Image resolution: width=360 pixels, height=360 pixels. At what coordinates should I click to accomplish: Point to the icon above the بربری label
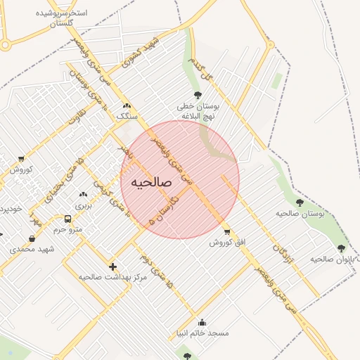pos(84,194)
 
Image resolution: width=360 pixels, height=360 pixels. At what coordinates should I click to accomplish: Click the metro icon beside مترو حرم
pos(67,219)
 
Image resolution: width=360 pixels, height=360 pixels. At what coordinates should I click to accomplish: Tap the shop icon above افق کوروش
pos(226,231)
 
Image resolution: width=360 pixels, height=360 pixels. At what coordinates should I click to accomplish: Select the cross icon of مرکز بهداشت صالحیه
pos(112,266)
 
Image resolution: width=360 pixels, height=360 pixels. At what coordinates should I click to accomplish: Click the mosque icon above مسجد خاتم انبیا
pos(202,323)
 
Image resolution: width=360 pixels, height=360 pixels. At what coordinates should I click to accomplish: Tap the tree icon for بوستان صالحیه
pos(300,202)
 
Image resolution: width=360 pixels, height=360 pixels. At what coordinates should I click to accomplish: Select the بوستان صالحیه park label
pos(300,213)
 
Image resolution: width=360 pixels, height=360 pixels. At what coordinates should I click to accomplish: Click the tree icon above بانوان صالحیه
pos(341,248)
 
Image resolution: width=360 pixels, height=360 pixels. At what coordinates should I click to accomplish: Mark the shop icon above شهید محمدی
pos(32,239)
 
